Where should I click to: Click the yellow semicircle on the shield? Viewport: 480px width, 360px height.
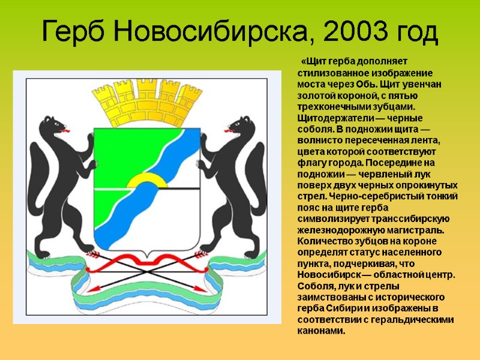tap(147, 181)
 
